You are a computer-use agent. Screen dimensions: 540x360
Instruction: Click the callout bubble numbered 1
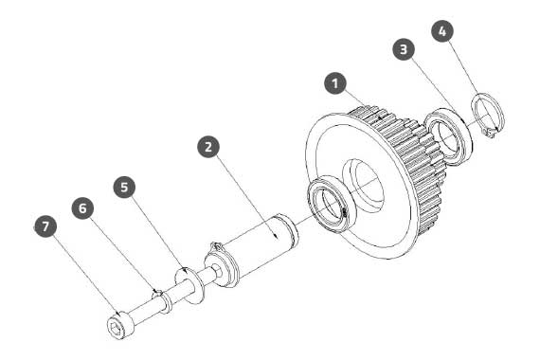coord(335,83)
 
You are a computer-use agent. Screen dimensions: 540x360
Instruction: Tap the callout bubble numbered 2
coord(208,147)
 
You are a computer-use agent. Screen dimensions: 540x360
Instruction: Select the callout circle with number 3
coord(404,49)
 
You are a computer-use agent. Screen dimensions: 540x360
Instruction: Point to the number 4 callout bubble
coord(442,31)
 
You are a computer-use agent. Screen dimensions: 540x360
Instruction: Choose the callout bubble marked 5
coord(124,187)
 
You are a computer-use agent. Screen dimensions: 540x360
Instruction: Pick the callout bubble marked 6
coord(82,208)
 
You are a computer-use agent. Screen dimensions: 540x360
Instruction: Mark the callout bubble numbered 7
coord(45,226)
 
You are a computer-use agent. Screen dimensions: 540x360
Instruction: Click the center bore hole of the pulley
coord(365,185)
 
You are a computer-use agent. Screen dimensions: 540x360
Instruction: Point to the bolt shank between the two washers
coord(180,292)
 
